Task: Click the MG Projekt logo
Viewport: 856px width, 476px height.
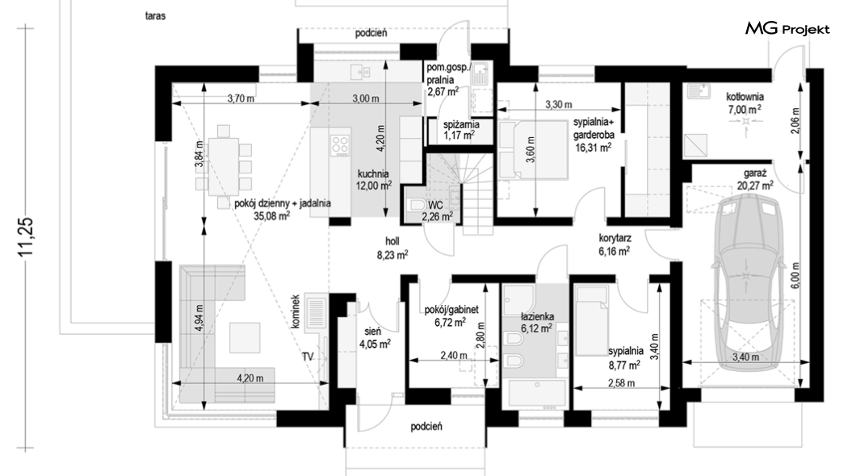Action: point(787,29)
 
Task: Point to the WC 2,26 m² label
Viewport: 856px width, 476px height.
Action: point(437,211)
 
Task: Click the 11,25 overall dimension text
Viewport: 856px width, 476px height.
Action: point(26,237)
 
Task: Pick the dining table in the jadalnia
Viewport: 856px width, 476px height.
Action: point(224,166)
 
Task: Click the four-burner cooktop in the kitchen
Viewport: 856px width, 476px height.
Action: point(339,144)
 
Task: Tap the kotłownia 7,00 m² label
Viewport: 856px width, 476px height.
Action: point(745,103)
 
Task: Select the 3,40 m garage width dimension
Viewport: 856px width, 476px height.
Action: point(745,357)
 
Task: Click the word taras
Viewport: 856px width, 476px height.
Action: point(156,16)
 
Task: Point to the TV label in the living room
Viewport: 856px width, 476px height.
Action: point(308,357)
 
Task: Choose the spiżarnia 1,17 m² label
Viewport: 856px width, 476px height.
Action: point(461,130)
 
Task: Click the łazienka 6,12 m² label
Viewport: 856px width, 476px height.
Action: point(538,322)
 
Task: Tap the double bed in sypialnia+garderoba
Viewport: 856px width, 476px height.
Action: point(533,149)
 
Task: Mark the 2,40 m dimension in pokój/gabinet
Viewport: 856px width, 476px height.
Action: point(454,356)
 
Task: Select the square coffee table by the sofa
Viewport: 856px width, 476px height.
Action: point(245,337)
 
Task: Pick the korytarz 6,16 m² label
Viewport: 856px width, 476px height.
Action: point(615,244)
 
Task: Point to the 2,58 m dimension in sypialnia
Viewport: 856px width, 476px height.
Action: point(621,383)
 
